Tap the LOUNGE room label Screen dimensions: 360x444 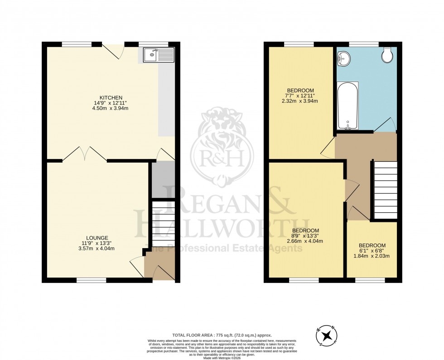[x=98, y=237]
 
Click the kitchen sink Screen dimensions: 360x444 [x=158, y=55]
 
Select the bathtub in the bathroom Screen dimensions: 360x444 [x=347, y=106]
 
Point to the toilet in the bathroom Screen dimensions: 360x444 [x=387, y=55]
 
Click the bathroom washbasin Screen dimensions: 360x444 [x=344, y=58]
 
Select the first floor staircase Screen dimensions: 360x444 [x=385, y=190]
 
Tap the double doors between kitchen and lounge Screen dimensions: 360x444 [x=84, y=154]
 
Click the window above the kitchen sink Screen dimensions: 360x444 [x=153, y=44]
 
